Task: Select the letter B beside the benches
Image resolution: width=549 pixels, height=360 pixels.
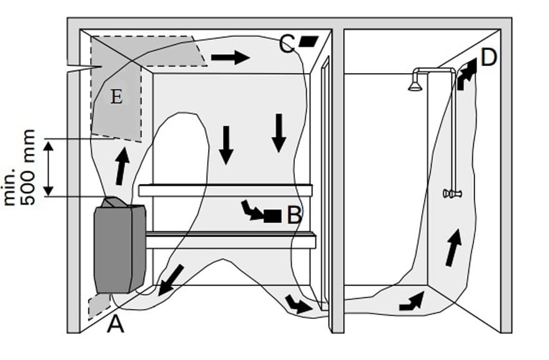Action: tap(295, 216)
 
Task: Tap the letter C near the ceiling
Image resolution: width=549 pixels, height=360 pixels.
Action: tap(287, 44)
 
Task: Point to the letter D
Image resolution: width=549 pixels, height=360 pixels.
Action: tap(489, 59)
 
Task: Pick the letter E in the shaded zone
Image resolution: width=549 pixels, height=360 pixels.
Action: tap(116, 97)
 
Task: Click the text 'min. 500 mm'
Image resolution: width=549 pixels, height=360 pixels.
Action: tap(20, 167)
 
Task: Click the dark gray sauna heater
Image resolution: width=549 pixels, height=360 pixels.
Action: tap(119, 247)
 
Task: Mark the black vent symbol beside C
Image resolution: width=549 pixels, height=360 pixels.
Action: tap(308, 41)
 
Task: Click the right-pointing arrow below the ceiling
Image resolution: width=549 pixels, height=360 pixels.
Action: tap(230, 58)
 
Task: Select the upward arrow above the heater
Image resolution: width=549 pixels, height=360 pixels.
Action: tap(123, 166)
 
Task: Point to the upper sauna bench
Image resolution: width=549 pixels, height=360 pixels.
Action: tap(225, 190)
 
